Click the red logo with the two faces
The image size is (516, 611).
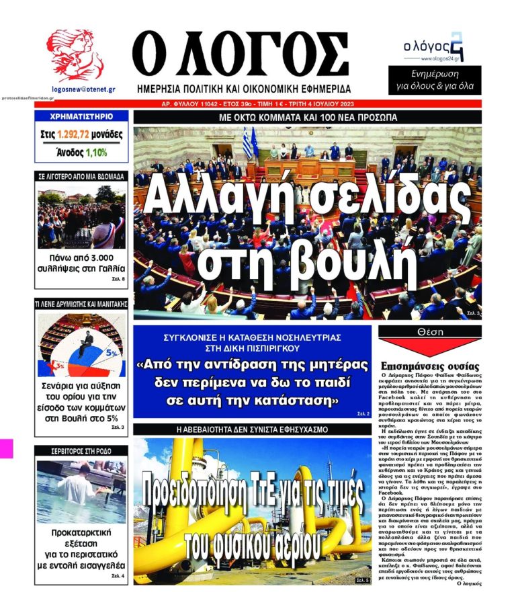click(x=75, y=56)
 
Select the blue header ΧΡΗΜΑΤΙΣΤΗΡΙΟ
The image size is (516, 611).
click(x=81, y=116)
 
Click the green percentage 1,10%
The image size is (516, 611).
click(x=96, y=153)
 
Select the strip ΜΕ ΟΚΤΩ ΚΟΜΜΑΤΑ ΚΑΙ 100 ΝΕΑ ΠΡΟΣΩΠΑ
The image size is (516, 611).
click(x=308, y=117)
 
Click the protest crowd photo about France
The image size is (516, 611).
click(x=81, y=216)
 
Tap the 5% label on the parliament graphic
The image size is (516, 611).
click(x=112, y=351)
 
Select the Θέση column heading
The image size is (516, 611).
click(x=430, y=332)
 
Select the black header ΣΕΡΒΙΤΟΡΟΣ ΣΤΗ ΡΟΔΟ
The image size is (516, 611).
click(x=81, y=450)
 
